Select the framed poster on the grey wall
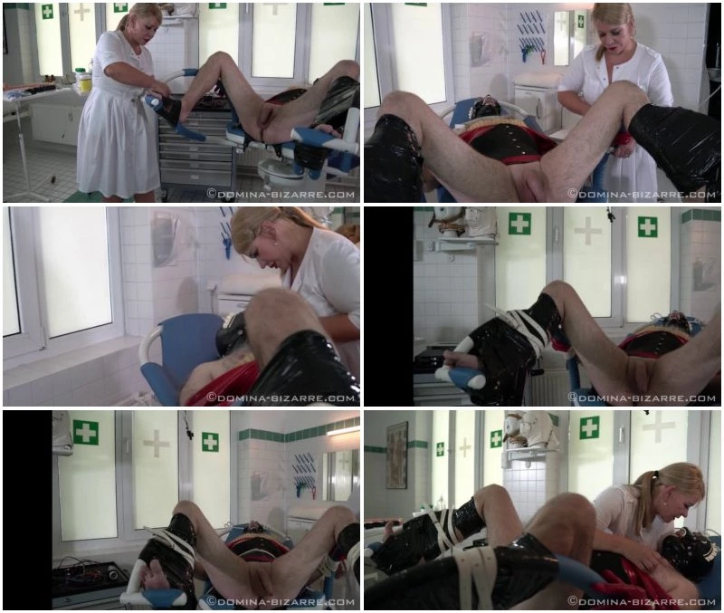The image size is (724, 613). coord(396,455)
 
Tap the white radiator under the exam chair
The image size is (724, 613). coord(545,388)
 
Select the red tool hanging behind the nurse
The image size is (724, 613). coord(542,57)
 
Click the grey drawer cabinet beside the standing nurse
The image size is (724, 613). coord(196,148)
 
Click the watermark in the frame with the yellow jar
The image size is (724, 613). coord(281,195)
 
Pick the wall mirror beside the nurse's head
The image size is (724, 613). coord(562,38)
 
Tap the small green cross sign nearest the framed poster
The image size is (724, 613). coord(440,448)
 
